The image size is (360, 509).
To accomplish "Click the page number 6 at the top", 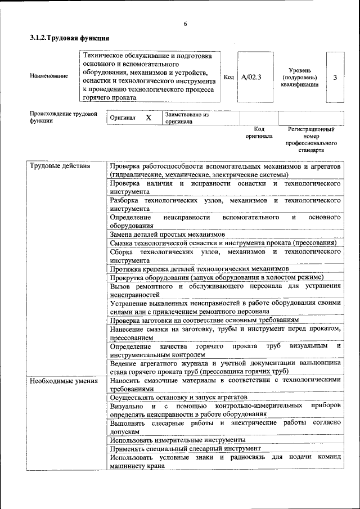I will click(x=184, y=24).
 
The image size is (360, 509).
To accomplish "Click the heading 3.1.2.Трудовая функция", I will click(x=69, y=38).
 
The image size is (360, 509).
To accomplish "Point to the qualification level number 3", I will click(x=335, y=77).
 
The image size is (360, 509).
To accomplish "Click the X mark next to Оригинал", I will click(x=148, y=118).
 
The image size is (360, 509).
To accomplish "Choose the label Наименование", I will click(x=49, y=76).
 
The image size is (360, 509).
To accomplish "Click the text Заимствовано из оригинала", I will click(x=186, y=118).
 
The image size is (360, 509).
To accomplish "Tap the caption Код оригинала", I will click(x=259, y=133).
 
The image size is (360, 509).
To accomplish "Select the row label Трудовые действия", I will click(x=56, y=166).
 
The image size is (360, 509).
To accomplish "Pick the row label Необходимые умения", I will click(x=59, y=380).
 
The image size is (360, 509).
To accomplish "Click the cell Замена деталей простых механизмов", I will click(x=168, y=234).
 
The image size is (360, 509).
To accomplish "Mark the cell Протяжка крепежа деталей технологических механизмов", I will click(x=199, y=269).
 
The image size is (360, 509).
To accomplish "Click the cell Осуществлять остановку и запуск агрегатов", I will click(x=179, y=397).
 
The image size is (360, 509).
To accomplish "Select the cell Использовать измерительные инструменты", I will click(x=177, y=440).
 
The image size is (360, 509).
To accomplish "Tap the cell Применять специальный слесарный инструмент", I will click(x=186, y=449).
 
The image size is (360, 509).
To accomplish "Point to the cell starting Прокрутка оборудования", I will click(x=217, y=278).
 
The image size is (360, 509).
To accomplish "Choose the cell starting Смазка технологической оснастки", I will click(x=223, y=243).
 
